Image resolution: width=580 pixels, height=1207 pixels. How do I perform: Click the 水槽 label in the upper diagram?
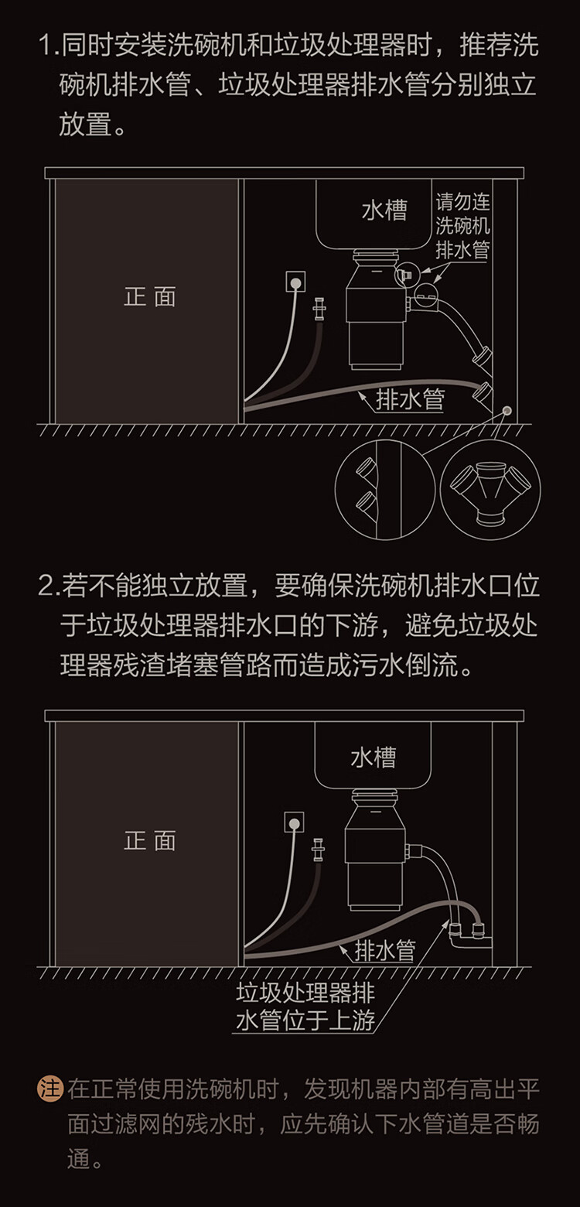click(384, 210)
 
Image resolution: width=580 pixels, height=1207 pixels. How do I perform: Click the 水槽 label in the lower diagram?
click(373, 757)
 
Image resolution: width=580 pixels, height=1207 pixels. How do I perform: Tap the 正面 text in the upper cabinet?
click(150, 297)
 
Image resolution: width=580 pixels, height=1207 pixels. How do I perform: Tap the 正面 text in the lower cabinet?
click(150, 841)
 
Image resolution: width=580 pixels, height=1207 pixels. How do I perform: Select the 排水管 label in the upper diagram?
click(410, 399)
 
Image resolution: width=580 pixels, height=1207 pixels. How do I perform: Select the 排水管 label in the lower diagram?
click(384, 950)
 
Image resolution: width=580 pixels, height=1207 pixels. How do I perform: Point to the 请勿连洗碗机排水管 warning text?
click(462, 227)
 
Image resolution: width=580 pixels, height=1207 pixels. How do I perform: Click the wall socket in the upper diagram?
click(295, 282)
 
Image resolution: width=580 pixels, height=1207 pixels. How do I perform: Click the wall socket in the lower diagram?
click(295, 822)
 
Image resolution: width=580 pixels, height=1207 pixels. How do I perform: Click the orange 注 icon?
click(49, 1089)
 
